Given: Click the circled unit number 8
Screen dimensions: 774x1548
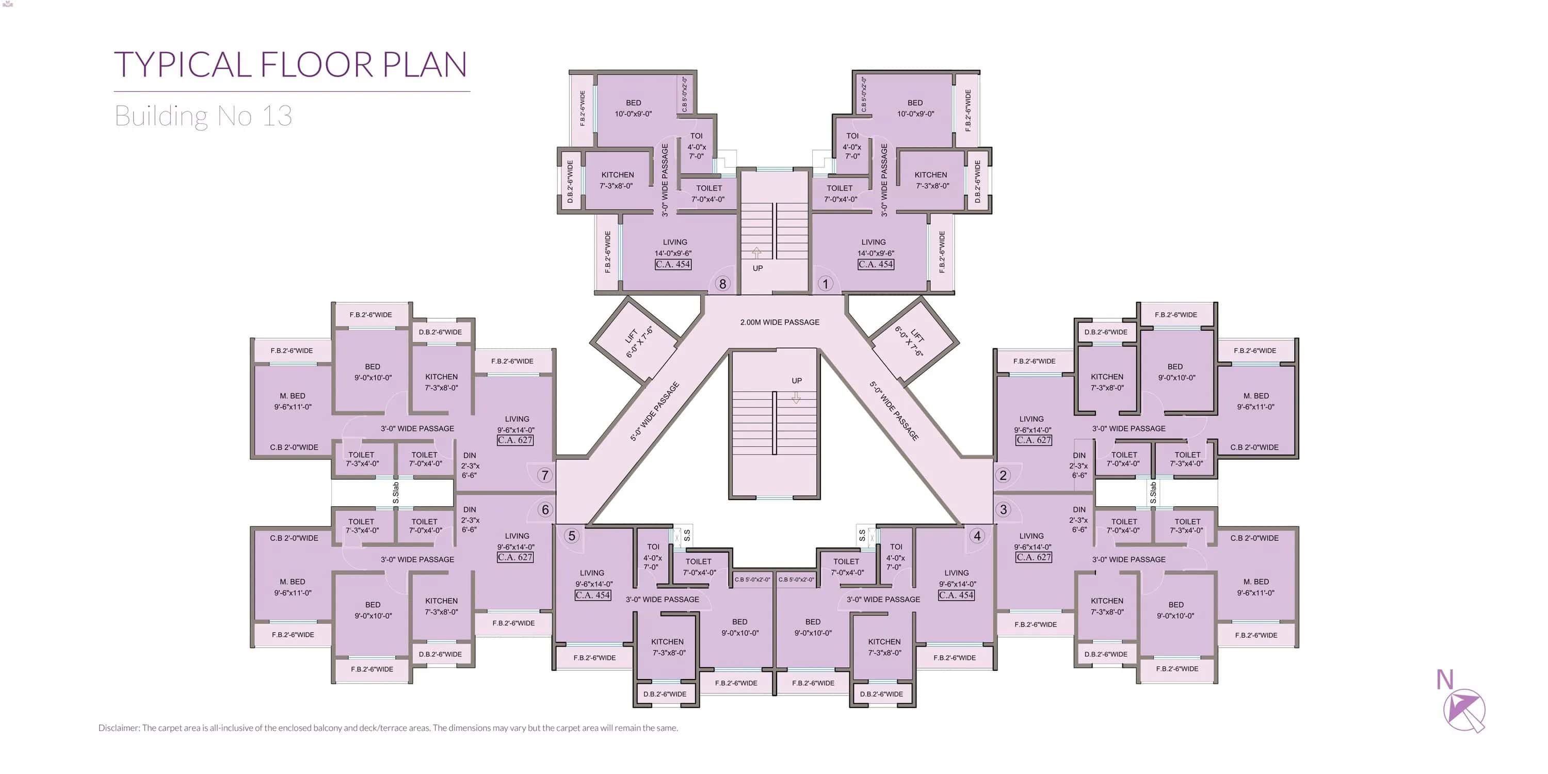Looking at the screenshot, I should pos(722,284).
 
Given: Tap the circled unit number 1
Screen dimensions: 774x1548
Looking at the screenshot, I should pos(826,284).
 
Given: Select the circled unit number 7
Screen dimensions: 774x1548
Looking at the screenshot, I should pos(545,475).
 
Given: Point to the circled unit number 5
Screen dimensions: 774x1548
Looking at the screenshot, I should pos(572,536).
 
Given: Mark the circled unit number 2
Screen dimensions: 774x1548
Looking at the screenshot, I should pos(1003,475).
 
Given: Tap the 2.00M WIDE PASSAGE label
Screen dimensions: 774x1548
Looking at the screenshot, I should pos(779,322).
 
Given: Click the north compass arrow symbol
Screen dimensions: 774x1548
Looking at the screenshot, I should pos(1464,711).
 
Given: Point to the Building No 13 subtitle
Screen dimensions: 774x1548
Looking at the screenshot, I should pos(203,116).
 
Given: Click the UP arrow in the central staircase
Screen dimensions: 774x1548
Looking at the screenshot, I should pos(796,397).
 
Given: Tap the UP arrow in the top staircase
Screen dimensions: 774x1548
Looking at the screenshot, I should pos(757,252).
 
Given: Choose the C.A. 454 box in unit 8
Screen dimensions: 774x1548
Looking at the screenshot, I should pos(673,264).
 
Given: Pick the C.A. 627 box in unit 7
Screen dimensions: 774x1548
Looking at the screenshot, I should pos(515,440).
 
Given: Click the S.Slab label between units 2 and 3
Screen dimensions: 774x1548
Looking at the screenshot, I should pos(1153,493).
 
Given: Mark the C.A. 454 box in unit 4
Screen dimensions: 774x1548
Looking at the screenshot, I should pos(957,595).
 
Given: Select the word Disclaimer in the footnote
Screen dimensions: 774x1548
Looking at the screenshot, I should pos(118,728).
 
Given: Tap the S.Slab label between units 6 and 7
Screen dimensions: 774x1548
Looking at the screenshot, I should pos(395,493).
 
